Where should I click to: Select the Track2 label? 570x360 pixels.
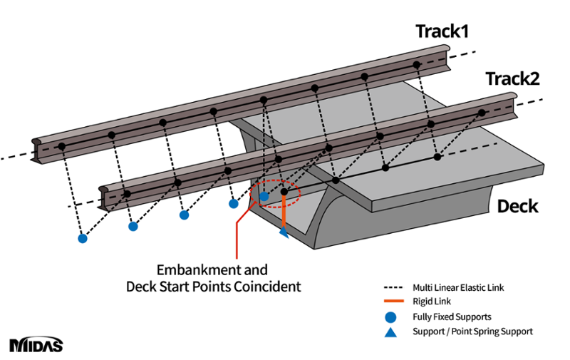coord(512,78)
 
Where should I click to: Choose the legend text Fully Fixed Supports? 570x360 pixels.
coord(452,317)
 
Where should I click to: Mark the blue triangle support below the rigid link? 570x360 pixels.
coord(284,232)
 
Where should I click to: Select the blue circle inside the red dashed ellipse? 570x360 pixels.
coord(264,195)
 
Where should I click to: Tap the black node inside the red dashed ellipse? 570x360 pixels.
coord(284,192)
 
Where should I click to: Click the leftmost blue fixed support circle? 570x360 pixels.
coord(83,238)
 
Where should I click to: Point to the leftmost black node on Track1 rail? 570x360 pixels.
coord(61,146)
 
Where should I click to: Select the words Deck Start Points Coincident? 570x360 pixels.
coord(213,287)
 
